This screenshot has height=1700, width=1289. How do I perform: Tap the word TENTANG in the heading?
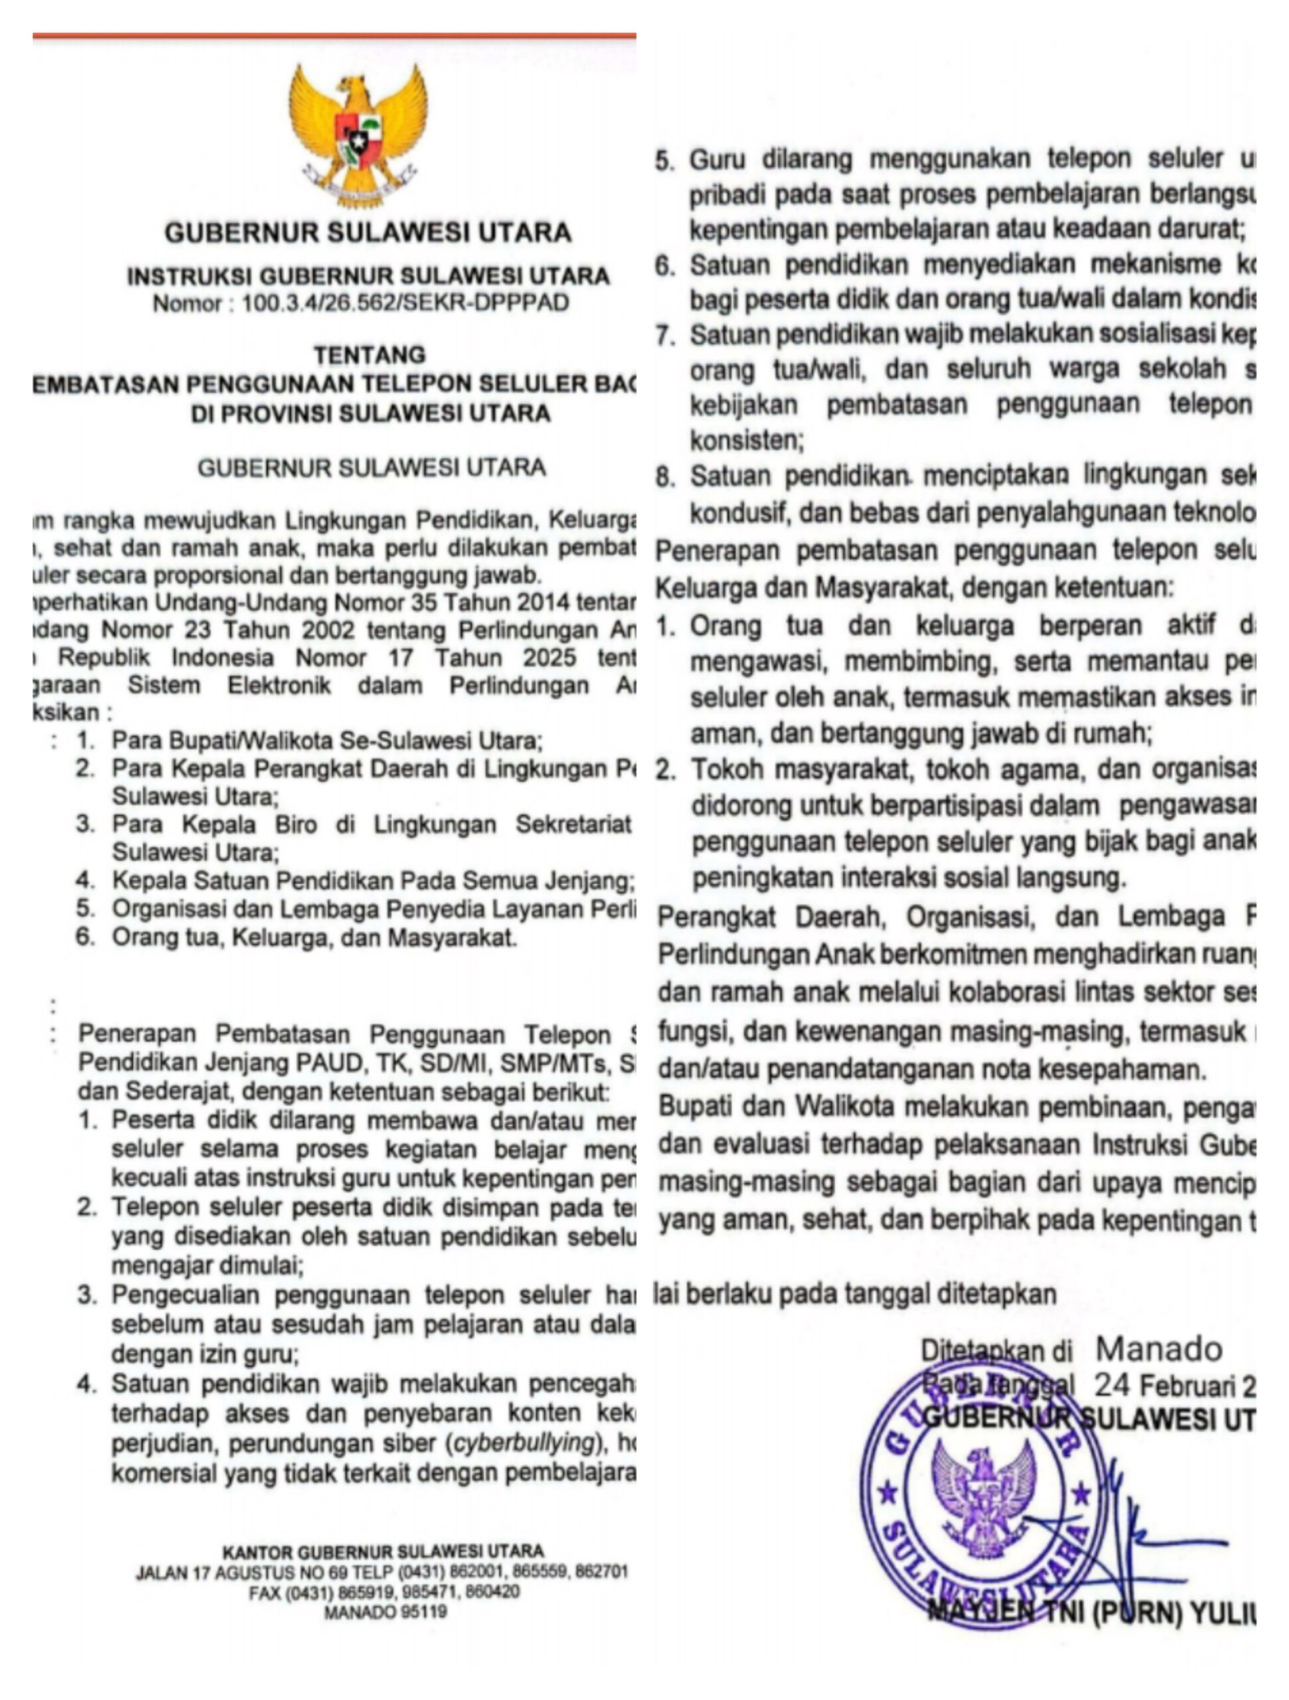pyautogui.click(x=369, y=355)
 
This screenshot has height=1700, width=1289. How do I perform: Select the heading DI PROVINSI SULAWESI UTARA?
pyautogui.click(x=371, y=414)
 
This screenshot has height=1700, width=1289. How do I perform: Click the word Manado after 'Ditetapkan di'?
pyautogui.click(x=1158, y=1349)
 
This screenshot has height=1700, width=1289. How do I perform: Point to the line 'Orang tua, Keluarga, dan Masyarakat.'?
pyautogui.click(x=313, y=938)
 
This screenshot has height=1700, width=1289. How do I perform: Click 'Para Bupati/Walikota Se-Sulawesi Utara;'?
pyautogui.click(x=327, y=741)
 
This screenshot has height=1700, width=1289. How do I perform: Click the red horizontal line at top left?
pyautogui.click(x=333, y=36)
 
